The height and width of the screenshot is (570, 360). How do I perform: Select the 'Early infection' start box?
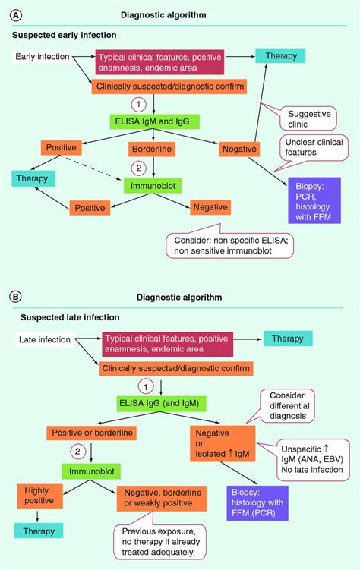43,57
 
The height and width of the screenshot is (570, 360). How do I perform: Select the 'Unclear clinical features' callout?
310,146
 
